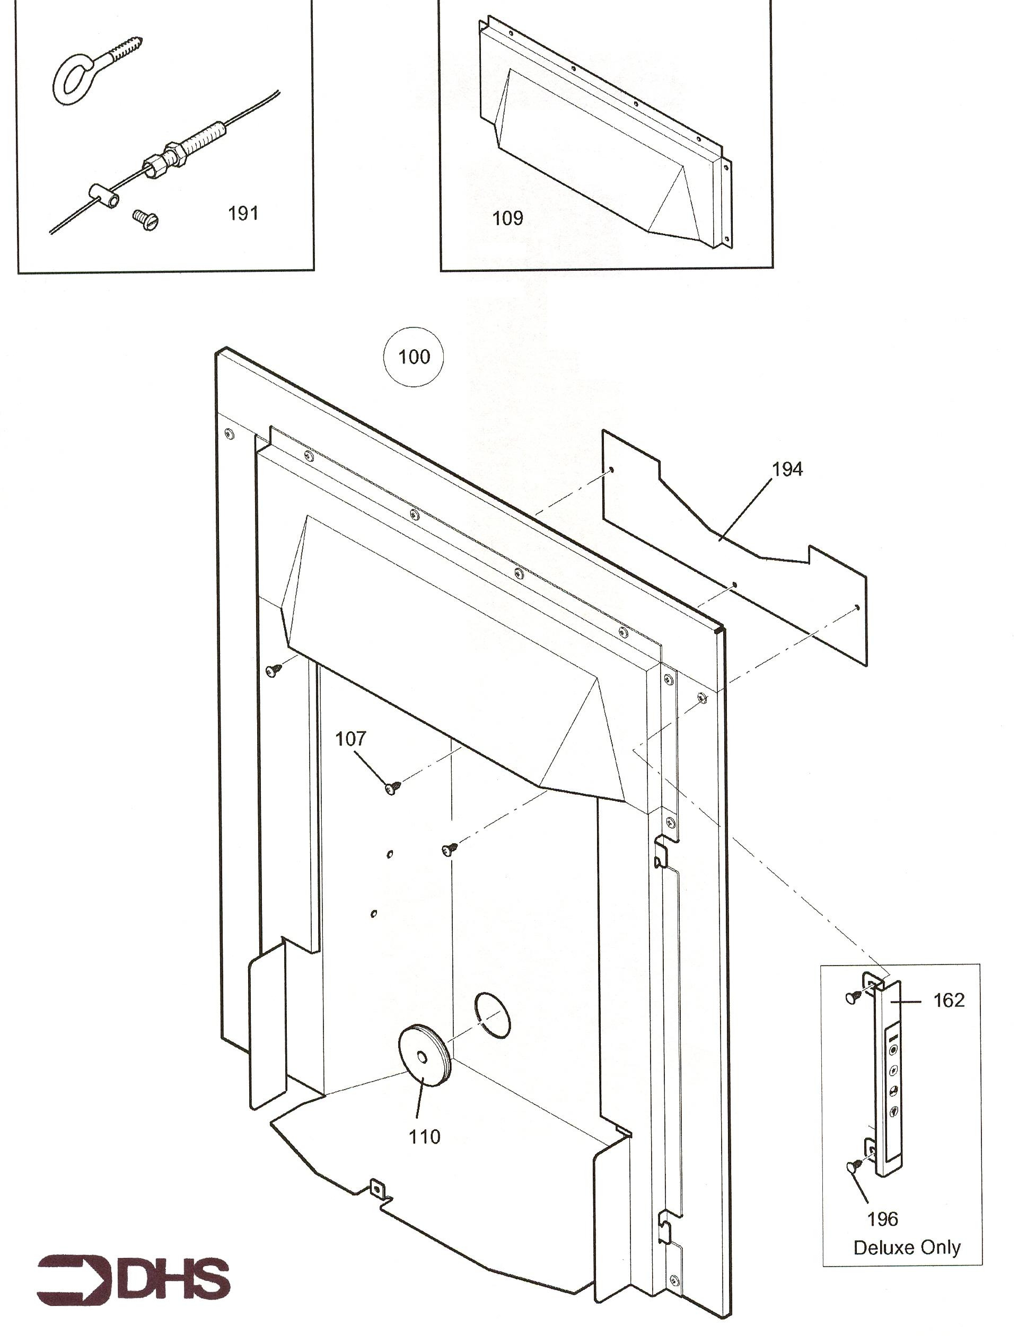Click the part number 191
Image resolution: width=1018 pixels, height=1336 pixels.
pos(243,213)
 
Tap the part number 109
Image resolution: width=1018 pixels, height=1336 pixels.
pos(507,218)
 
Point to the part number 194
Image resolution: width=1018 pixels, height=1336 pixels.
pos(787,469)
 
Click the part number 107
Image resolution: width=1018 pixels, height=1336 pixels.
pos(351,738)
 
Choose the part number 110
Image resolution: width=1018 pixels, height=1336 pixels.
pos(424,1137)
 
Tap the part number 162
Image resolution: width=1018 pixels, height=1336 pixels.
pos(949,1000)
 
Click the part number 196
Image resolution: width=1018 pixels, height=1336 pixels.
pos(883,1219)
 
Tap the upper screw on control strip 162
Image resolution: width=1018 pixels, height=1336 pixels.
pos(854,996)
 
